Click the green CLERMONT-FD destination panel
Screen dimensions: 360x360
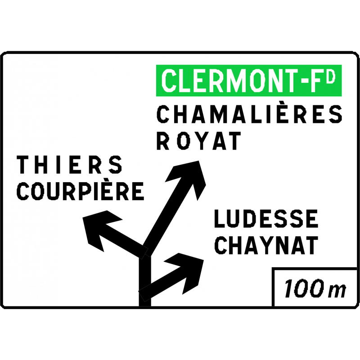[x=248, y=81]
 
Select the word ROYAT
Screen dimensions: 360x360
[x=198, y=141]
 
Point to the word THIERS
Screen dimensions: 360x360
[x=70, y=165]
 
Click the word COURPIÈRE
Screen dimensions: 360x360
[x=80, y=191]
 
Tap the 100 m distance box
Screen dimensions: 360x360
[x=315, y=288]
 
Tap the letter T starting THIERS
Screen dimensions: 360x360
[x=23, y=165]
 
